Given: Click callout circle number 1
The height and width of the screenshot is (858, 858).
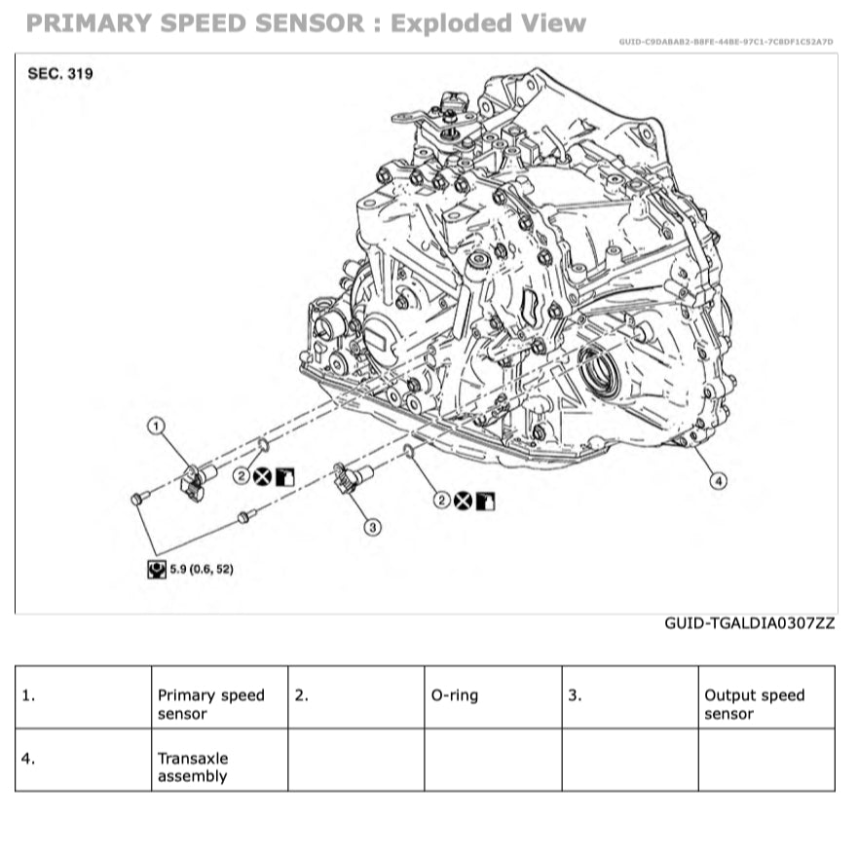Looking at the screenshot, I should [156, 425].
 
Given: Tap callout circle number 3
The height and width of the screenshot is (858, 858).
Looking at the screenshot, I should [372, 527].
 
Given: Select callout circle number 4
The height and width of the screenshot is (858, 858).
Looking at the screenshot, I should [718, 480].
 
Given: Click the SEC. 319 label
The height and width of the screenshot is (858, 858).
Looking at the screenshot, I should [60, 73].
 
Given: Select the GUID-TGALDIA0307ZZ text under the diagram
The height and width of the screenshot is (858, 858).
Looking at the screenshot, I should [749, 622].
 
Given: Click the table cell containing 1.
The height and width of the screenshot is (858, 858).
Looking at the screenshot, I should [83, 697].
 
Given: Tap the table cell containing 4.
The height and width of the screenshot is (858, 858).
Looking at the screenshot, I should [83, 760].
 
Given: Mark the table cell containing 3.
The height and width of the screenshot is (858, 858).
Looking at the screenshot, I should [629, 697].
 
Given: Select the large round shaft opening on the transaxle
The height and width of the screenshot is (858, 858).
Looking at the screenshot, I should [598, 372].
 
